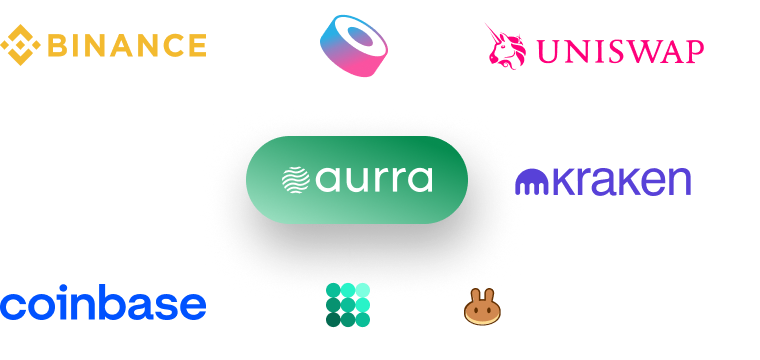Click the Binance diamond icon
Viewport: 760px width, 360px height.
pos(20,45)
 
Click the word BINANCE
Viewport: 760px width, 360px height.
pos(127,46)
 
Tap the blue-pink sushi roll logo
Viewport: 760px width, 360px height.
pos(354,46)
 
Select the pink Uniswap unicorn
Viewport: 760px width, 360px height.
pos(505,47)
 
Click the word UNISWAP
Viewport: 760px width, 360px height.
pos(620,52)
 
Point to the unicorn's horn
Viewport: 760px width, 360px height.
pos(492,31)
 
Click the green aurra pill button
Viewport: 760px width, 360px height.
pos(357,180)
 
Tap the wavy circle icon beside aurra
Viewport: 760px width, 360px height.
pos(296,180)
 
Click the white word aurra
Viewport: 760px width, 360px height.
pos(374,180)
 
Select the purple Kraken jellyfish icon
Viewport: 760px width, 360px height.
pos(532,182)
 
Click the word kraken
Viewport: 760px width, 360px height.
pos(621,181)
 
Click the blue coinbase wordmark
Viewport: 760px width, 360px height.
pos(103,303)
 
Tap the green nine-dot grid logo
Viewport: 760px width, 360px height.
pos(348,305)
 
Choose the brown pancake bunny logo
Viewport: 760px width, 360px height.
pos(482,307)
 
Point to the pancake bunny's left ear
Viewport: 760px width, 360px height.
pos(476,296)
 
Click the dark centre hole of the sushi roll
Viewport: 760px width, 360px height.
pos(360,37)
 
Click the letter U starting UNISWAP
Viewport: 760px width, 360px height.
pos(547,52)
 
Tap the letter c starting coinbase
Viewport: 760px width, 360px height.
pos(12,306)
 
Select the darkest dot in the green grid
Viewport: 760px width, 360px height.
pos(333,320)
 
